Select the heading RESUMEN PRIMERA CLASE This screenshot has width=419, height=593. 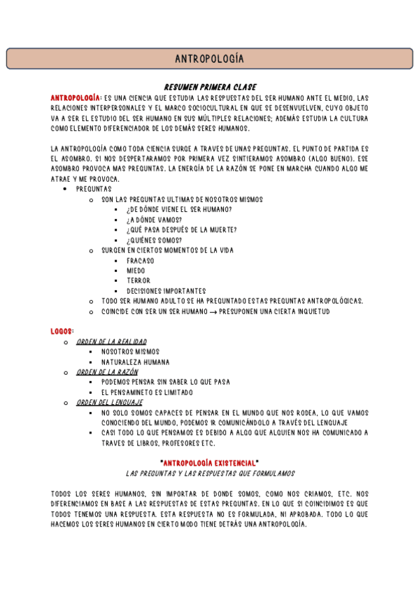coord(209,87)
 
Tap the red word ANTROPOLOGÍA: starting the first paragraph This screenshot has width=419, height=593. coord(76,97)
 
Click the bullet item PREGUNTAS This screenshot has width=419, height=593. coord(94,189)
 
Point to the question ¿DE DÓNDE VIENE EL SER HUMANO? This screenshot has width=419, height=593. coord(179,210)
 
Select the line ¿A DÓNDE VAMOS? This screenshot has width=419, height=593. coord(155,220)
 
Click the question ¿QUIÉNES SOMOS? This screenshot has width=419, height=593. coord(155,240)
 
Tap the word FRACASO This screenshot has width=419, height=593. coord(141,260)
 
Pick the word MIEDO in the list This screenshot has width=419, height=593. coord(136,271)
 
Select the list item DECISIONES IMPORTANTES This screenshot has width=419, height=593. coord(166,291)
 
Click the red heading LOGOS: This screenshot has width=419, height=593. coord(63,330)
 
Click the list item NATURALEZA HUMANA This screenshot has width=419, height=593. coord(135,362)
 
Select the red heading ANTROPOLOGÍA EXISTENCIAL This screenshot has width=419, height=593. coord(210,463)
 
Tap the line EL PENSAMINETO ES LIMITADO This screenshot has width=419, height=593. coord(147,392)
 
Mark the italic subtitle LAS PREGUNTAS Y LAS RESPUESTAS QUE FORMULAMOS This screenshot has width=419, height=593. coord(210,473)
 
